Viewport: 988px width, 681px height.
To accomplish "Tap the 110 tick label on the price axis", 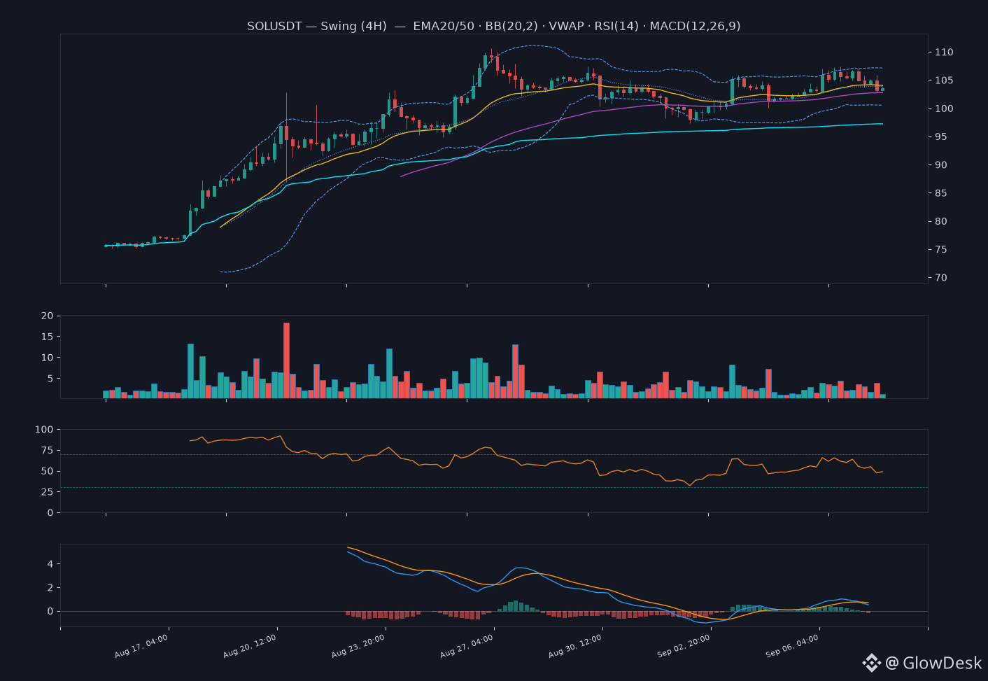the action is [x=944, y=52].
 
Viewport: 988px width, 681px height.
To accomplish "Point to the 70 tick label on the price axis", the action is [x=941, y=277].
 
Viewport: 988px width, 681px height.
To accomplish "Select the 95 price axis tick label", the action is [x=941, y=136].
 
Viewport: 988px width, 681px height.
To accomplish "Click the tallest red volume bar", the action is [x=286, y=360].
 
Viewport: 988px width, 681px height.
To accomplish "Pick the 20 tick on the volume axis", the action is [x=47, y=316].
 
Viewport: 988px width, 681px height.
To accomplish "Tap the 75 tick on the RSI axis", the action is [x=47, y=450].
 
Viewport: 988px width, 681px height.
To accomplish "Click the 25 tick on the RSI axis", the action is [x=47, y=492].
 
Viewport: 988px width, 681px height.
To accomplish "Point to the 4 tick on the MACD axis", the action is [x=50, y=564].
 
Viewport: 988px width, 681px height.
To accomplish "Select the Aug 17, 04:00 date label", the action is [x=141, y=646].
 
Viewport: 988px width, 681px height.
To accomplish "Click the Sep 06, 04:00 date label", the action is [x=792, y=646].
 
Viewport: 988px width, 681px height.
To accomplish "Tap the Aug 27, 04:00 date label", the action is [x=467, y=646].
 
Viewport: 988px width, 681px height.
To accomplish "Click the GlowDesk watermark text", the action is [x=942, y=663].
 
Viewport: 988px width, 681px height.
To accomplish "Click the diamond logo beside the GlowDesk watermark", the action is [x=872, y=663].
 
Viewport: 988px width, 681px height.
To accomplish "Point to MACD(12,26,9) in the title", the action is [x=695, y=26].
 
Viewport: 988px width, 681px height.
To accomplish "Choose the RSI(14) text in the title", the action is [x=616, y=26].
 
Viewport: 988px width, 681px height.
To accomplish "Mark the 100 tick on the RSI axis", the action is [x=44, y=430].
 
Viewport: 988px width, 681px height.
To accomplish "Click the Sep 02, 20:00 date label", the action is [x=684, y=646].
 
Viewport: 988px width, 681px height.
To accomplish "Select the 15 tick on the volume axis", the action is [x=47, y=337].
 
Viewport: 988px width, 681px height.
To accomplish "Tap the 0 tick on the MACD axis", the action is [x=50, y=611].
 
